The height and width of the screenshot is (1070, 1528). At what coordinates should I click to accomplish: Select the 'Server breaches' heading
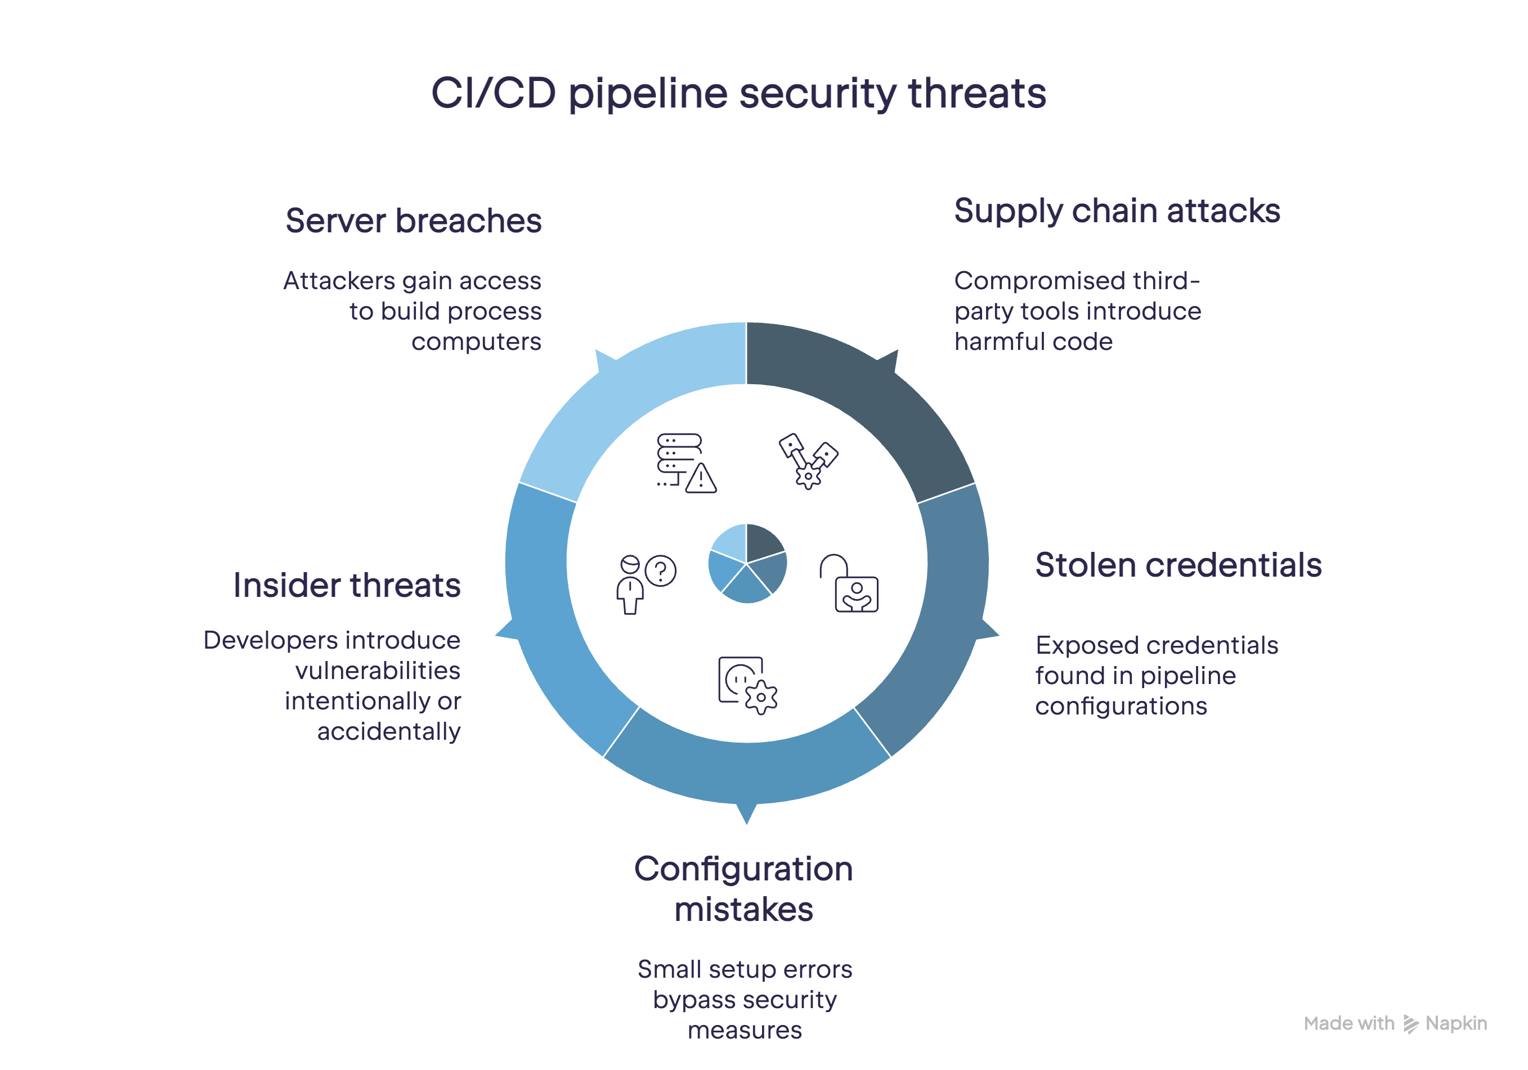[413, 221]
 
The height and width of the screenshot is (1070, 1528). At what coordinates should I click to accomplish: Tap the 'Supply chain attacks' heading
[1117, 212]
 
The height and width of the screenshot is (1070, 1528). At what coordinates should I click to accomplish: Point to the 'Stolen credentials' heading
[1178, 565]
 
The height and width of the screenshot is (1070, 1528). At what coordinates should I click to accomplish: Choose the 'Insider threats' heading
[347, 586]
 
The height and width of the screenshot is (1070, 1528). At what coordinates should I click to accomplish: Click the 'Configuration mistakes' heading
[743, 889]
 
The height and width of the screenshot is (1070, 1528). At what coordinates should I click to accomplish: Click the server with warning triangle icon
[686, 463]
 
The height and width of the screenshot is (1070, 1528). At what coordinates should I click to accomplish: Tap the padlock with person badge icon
[849, 583]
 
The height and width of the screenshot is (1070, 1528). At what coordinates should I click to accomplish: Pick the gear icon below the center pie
[748, 685]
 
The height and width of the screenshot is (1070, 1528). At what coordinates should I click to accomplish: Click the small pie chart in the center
[747, 563]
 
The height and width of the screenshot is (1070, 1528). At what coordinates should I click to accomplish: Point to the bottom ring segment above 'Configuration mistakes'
[747, 772]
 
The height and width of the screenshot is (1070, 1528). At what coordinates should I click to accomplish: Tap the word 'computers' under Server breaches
[477, 342]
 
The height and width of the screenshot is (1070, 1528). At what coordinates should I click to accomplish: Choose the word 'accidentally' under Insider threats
[389, 732]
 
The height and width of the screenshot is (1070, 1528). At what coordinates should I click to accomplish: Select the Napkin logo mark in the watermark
[1410, 1024]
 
